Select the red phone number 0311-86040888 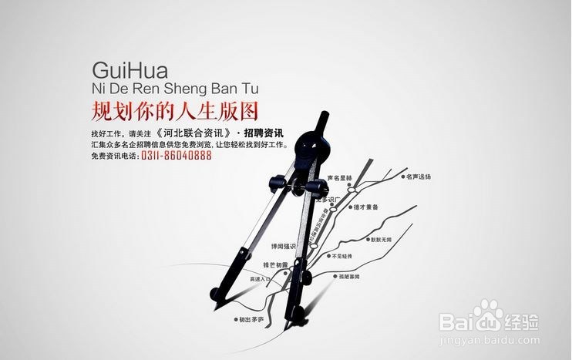click(177, 156)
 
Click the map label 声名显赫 click(339, 178)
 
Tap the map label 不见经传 click(344, 255)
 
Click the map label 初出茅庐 click(251, 319)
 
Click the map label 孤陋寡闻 click(348, 275)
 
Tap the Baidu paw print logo click(488, 315)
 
